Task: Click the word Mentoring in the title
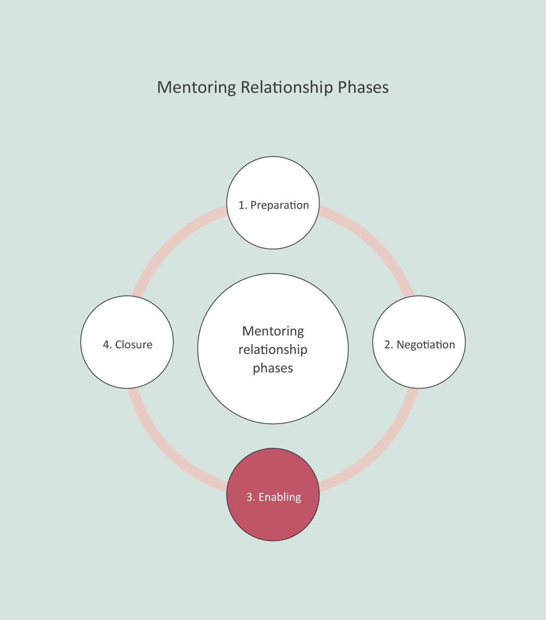pos(196,87)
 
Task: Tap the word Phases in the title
pos(363,87)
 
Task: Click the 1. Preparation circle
pos(273,226)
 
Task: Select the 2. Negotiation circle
pos(419,365)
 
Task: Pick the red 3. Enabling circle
pos(273,517)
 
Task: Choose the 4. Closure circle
pos(127,365)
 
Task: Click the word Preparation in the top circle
pos(280,205)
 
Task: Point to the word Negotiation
pos(426,345)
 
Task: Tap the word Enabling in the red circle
pos(280,497)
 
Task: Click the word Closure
pos(134,345)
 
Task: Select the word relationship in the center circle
pos(273,350)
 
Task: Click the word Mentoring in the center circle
pos(273,331)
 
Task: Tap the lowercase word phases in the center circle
pos(273,368)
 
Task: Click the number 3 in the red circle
pos(250,497)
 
